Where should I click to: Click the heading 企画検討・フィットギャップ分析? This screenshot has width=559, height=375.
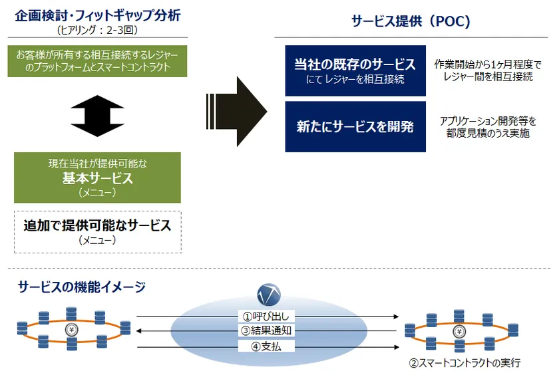click(x=98, y=16)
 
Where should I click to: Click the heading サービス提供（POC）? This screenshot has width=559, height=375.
click(x=411, y=21)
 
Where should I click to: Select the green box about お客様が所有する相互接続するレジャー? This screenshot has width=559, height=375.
click(x=97, y=61)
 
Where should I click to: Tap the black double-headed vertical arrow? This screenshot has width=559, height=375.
click(x=97, y=116)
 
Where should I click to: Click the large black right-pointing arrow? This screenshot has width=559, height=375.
click(x=237, y=112)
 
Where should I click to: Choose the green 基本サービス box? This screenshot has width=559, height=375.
click(x=97, y=178)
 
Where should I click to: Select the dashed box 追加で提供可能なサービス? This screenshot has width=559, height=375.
click(x=98, y=232)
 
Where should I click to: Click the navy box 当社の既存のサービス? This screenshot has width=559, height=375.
click(x=355, y=70)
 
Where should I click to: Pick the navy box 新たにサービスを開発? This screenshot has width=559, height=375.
click(x=355, y=127)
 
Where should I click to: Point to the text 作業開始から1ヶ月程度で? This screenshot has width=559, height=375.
click(x=488, y=64)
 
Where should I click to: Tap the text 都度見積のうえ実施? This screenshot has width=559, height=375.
click(x=488, y=133)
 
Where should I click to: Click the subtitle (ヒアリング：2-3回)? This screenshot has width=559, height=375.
click(x=97, y=30)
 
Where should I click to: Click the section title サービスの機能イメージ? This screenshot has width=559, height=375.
click(x=82, y=287)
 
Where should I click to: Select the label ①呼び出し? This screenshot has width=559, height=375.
click(x=266, y=316)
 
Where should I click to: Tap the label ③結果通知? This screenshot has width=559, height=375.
click(x=266, y=330)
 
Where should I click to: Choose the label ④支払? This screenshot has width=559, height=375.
click(x=266, y=346)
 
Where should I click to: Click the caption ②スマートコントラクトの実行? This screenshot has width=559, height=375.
click(x=465, y=363)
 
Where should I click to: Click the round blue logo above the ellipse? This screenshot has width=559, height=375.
click(x=269, y=295)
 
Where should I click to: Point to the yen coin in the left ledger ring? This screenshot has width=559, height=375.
click(x=72, y=330)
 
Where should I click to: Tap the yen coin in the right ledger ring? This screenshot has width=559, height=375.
click(x=459, y=332)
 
